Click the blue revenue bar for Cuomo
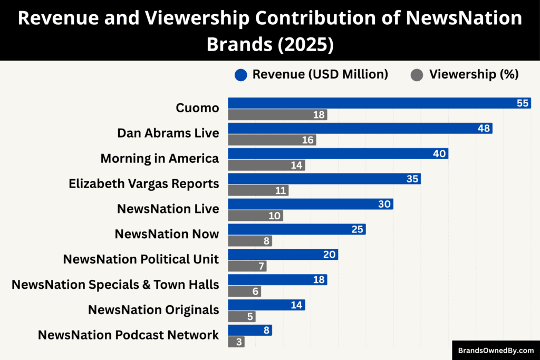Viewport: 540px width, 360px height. click(369, 103)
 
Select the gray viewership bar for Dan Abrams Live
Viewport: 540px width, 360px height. click(272, 140)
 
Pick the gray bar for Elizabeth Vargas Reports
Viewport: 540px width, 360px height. click(258, 191)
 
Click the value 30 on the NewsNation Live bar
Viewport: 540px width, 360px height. click(384, 205)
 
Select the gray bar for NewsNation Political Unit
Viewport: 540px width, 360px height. click(247, 266)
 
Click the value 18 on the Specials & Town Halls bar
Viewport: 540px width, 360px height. click(319, 280)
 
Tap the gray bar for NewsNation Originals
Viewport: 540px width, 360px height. click(242, 317)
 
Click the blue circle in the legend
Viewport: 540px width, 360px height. click(241, 75)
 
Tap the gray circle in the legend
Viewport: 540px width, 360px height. click(417, 75)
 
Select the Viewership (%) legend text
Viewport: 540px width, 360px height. click(474, 75)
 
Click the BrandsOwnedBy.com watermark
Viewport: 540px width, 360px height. click(496, 351)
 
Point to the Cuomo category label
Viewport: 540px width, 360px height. click(197, 108)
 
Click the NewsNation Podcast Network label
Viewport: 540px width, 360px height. click(128, 335)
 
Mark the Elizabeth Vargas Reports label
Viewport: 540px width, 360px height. click(143, 184)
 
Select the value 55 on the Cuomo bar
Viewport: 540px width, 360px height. click(523, 103)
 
